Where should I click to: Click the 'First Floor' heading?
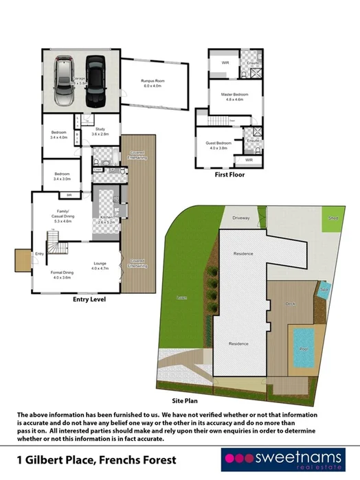point(229,175)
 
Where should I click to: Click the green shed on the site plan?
point(334,219)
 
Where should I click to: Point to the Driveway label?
point(240,218)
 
